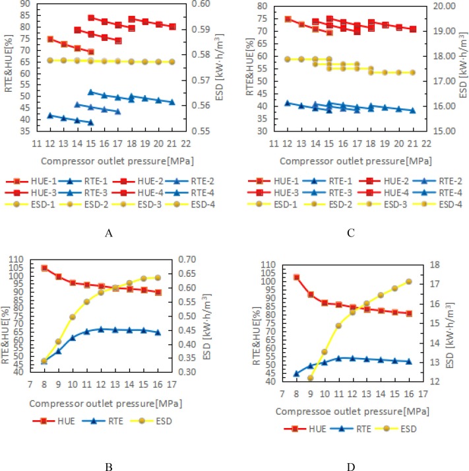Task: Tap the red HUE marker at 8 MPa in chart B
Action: [44, 268]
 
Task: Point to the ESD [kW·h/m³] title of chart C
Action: [462, 66]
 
